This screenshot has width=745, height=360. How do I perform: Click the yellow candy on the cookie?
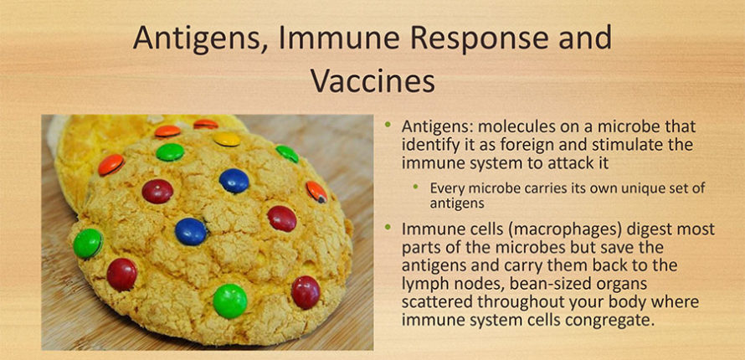(x=227, y=139)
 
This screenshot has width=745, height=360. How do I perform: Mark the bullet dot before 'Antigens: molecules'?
(x=388, y=125)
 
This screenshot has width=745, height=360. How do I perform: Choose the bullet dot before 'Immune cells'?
(x=388, y=227)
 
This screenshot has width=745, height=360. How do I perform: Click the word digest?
(x=624, y=229)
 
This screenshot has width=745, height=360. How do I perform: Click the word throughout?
(x=521, y=302)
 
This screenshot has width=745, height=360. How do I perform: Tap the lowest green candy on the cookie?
(x=230, y=301)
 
